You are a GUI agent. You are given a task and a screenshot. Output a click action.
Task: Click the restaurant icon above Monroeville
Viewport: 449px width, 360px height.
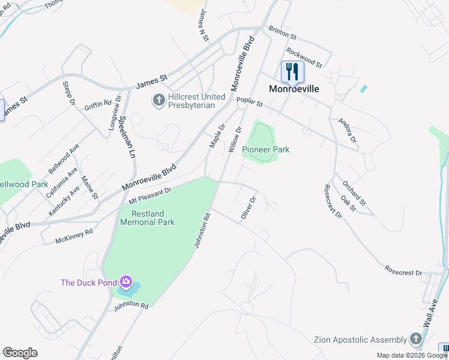[x=292, y=72]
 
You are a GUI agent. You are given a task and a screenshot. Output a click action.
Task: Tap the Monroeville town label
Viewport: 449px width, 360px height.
[x=294, y=88]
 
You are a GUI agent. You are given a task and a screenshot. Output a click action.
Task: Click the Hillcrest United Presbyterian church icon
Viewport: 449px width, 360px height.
[x=159, y=100]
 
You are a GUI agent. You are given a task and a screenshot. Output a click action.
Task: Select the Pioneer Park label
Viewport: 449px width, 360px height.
[x=265, y=149]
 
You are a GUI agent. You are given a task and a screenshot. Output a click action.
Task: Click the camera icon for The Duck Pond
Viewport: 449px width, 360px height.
[x=125, y=281]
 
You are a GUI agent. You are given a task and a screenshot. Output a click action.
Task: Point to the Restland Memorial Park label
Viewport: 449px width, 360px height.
[x=148, y=218]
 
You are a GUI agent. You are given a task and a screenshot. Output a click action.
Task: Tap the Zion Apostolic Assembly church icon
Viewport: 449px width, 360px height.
[x=416, y=340]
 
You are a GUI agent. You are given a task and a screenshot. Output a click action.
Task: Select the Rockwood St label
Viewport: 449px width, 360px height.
[x=304, y=57]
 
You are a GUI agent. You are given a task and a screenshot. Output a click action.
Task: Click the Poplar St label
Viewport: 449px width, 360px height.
[x=250, y=104]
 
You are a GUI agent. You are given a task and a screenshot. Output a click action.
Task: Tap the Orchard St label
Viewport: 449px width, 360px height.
[x=354, y=190]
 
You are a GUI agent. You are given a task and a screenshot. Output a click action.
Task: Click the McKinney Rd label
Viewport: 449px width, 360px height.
[x=74, y=235]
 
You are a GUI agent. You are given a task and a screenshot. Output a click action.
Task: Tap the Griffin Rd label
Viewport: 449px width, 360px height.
[x=98, y=105]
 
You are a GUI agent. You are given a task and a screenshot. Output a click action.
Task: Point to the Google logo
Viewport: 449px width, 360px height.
[x=20, y=353]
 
